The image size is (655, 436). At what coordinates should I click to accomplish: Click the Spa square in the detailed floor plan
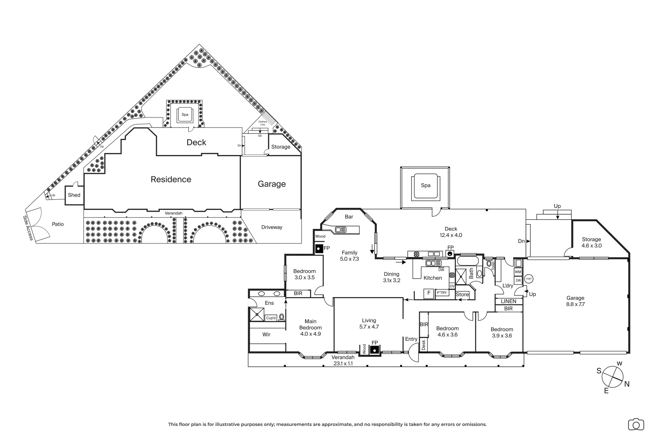(425, 186)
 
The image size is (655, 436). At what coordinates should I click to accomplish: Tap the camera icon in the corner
(636, 424)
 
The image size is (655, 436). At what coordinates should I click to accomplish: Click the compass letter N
(627, 384)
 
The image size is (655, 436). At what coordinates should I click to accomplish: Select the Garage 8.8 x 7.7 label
(575, 301)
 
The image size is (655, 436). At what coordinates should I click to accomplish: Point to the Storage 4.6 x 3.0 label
(591, 242)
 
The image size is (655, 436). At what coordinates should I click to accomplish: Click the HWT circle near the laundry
(528, 279)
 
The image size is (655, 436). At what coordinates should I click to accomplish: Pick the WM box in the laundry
(518, 272)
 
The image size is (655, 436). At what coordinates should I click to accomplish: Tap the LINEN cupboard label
(508, 301)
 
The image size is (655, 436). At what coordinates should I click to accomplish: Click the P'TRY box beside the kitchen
(442, 293)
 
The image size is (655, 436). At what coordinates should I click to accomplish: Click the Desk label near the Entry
(423, 344)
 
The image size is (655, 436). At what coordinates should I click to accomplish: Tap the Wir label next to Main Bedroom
(266, 334)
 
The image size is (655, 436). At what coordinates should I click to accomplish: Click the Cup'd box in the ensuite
(271, 318)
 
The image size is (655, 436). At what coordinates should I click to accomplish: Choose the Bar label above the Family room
(349, 217)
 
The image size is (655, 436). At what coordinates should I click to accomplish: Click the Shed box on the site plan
(74, 195)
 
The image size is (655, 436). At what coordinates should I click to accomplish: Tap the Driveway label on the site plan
(271, 227)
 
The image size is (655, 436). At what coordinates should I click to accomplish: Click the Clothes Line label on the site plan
(263, 123)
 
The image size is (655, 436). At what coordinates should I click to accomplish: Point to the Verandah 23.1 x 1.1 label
(343, 360)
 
